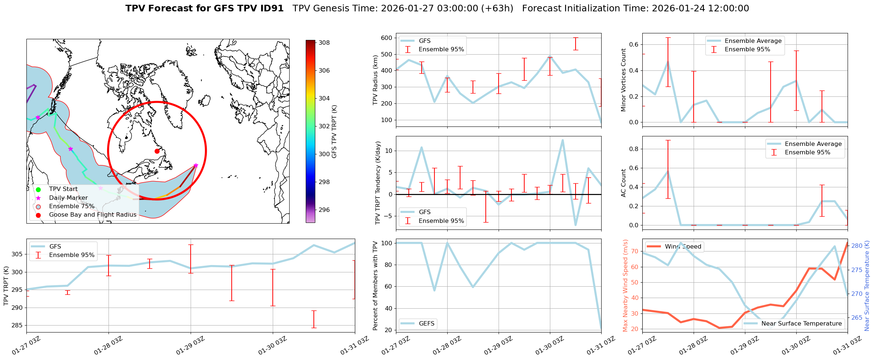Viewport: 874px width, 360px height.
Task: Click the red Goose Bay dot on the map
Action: pos(157,151)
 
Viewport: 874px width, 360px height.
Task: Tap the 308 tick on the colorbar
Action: pos(324,43)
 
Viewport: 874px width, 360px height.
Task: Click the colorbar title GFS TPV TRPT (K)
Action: pos(334,131)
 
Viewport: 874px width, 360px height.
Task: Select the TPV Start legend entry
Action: pos(63,189)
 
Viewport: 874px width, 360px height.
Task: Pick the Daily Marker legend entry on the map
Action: pos(68,198)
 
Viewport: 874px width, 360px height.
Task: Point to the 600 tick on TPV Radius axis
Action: pos(387,38)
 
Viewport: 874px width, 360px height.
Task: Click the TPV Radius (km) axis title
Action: pos(375,80)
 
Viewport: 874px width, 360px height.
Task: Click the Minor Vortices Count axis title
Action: pos(623,80)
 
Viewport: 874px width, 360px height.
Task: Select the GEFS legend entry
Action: pos(426,324)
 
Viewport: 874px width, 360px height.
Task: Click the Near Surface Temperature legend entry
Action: pos(801,324)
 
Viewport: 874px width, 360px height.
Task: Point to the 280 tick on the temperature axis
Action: pos(864,246)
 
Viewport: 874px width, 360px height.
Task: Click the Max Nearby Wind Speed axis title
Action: pos(625,285)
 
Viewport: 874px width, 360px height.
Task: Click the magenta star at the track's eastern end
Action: pos(196,165)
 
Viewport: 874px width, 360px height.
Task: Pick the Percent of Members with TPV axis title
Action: pos(375,285)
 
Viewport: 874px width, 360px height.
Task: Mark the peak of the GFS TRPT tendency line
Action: pos(562,140)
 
